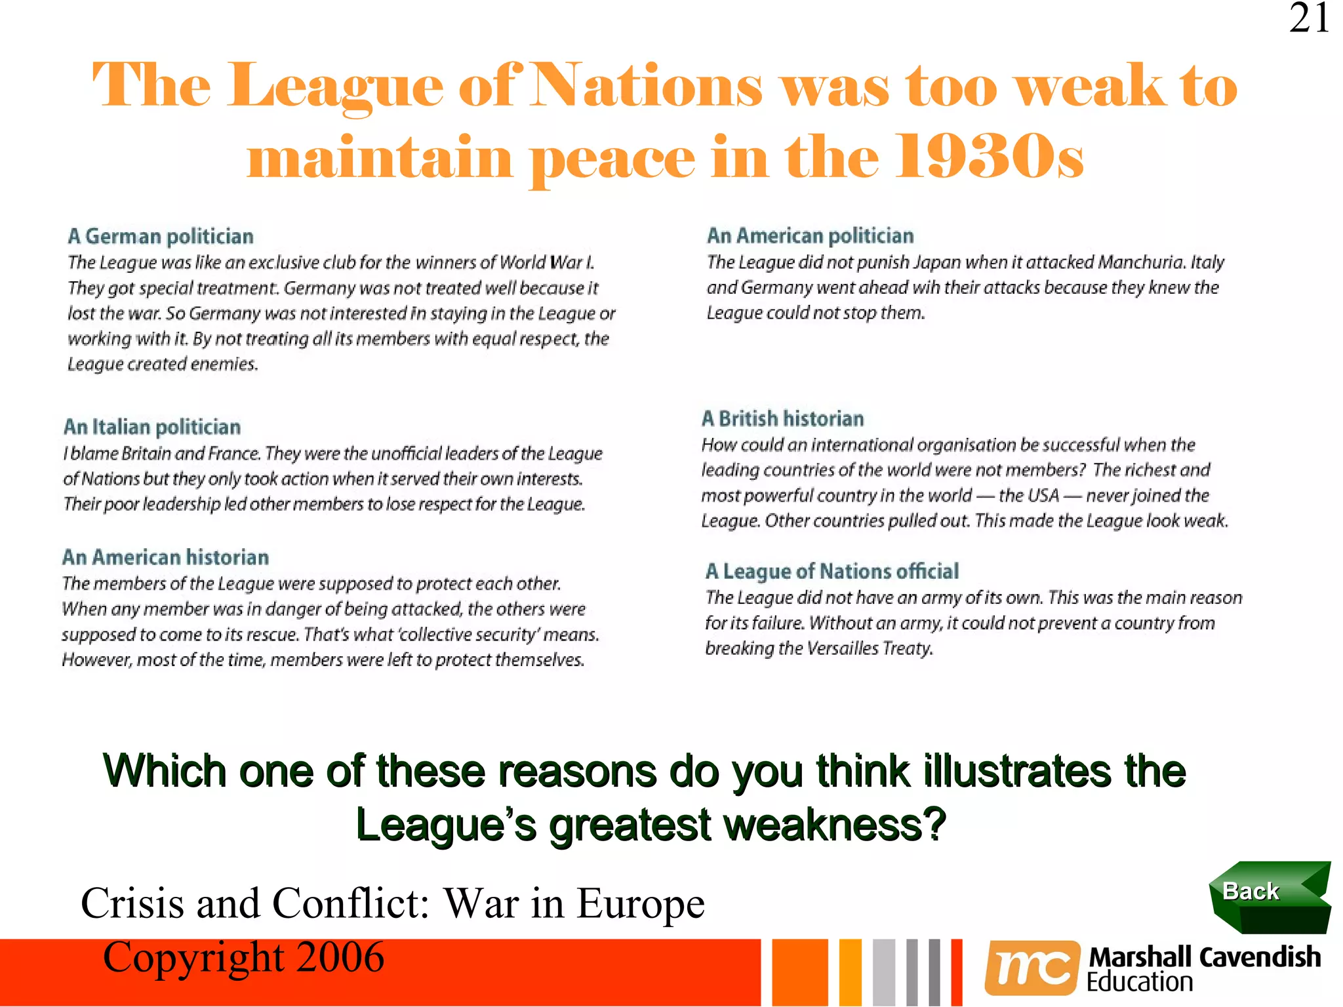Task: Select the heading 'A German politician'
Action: pyautogui.click(x=161, y=236)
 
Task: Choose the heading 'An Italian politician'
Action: pyautogui.click(x=152, y=427)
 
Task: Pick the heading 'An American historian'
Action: pyautogui.click(x=165, y=557)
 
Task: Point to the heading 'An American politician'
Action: pyautogui.click(x=810, y=235)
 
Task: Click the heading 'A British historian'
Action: pyautogui.click(x=782, y=418)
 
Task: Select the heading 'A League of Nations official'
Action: pyautogui.click(x=832, y=571)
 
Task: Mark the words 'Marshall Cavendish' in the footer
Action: pyautogui.click(x=1204, y=957)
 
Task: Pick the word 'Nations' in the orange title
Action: pyautogui.click(x=646, y=85)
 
